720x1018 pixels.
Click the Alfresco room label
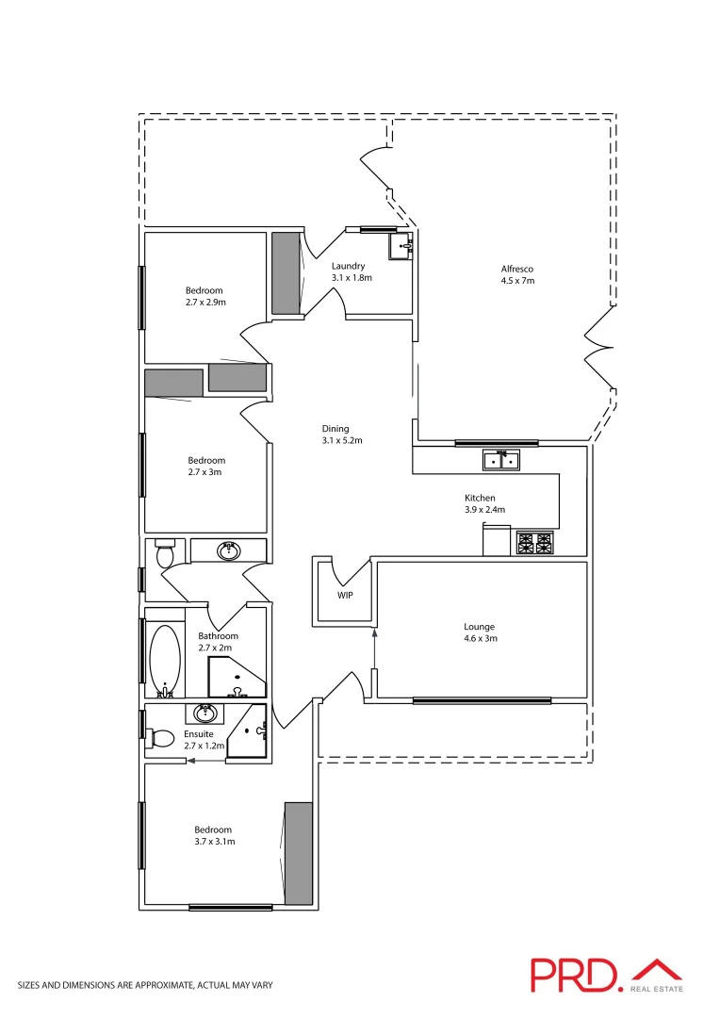(x=517, y=269)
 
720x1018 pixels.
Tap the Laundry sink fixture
(x=402, y=248)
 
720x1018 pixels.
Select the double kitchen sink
(x=500, y=461)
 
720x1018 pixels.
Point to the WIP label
(x=345, y=596)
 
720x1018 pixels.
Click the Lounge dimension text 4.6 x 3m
(x=479, y=638)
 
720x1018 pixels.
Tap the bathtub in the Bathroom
(x=165, y=659)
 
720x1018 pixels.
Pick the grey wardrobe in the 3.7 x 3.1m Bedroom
(x=299, y=853)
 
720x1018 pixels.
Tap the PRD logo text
(x=574, y=975)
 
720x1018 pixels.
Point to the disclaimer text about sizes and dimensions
(x=145, y=985)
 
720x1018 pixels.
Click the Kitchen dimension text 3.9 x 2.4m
(x=484, y=510)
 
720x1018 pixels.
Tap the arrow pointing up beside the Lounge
(x=376, y=649)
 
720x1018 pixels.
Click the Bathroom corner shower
(x=237, y=677)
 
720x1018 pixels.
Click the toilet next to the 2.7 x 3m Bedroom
(x=165, y=552)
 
